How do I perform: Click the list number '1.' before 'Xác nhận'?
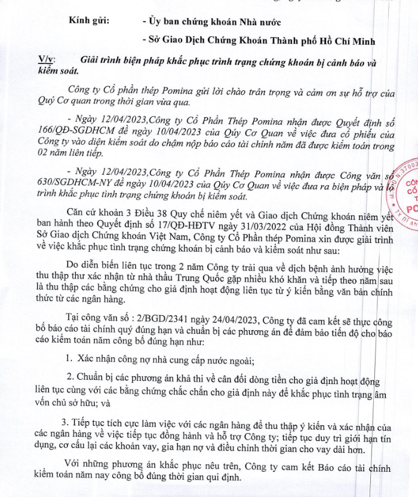pos(70,360)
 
